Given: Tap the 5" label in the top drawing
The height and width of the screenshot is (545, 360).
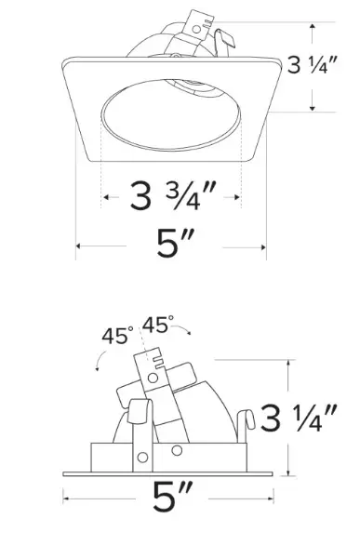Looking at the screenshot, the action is pyautogui.click(x=174, y=243).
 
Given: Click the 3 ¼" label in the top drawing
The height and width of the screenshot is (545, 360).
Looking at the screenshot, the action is pyautogui.click(x=312, y=65).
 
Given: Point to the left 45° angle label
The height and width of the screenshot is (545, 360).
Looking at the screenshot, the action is pyautogui.click(x=117, y=336).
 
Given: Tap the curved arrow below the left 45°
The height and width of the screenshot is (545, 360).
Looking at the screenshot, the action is pyautogui.click(x=100, y=360).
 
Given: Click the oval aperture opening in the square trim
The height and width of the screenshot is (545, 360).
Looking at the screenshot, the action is pyautogui.click(x=170, y=115).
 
